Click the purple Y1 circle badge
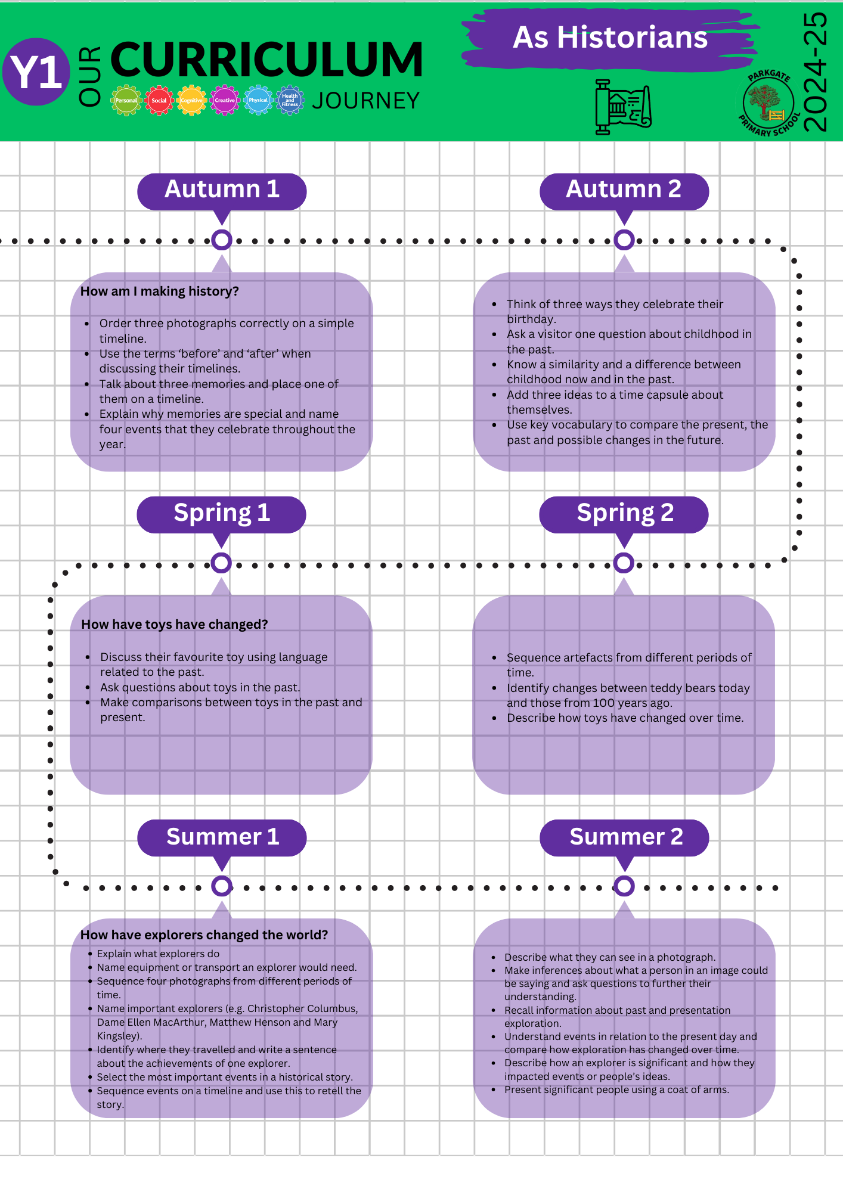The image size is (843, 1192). pyautogui.click(x=36, y=72)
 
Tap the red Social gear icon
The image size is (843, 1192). pyautogui.click(x=159, y=100)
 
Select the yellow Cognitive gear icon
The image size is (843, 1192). pyautogui.click(x=192, y=100)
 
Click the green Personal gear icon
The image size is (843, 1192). pyautogui.click(x=126, y=100)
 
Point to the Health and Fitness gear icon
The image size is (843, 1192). pyautogui.click(x=290, y=100)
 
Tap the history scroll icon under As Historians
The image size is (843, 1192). pyautogui.click(x=623, y=107)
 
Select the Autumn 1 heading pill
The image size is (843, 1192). pyautogui.click(x=222, y=191)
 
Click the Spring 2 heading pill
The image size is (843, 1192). pyautogui.click(x=624, y=514)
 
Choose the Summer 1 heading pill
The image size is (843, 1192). pyautogui.click(x=222, y=837)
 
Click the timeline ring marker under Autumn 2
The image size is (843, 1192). pyautogui.click(x=624, y=240)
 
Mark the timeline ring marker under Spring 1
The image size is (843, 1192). pyautogui.click(x=221, y=563)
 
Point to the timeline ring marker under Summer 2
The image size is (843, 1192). pyautogui.click(x=624, y=886)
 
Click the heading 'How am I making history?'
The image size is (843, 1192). pyautogui.click(x=160, y=291)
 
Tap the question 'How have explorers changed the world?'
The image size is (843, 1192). pyautogui.click(x=204, y=935)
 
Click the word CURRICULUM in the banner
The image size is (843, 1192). pyautogui.click(x=266, y=60)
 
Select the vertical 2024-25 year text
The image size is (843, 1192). pyautogui.click(x=815, y=72)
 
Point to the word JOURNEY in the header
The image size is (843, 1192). pyautogui.click(x=366, y=101)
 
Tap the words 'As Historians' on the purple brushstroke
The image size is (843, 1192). pyautogui.click(x=610, y=38)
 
